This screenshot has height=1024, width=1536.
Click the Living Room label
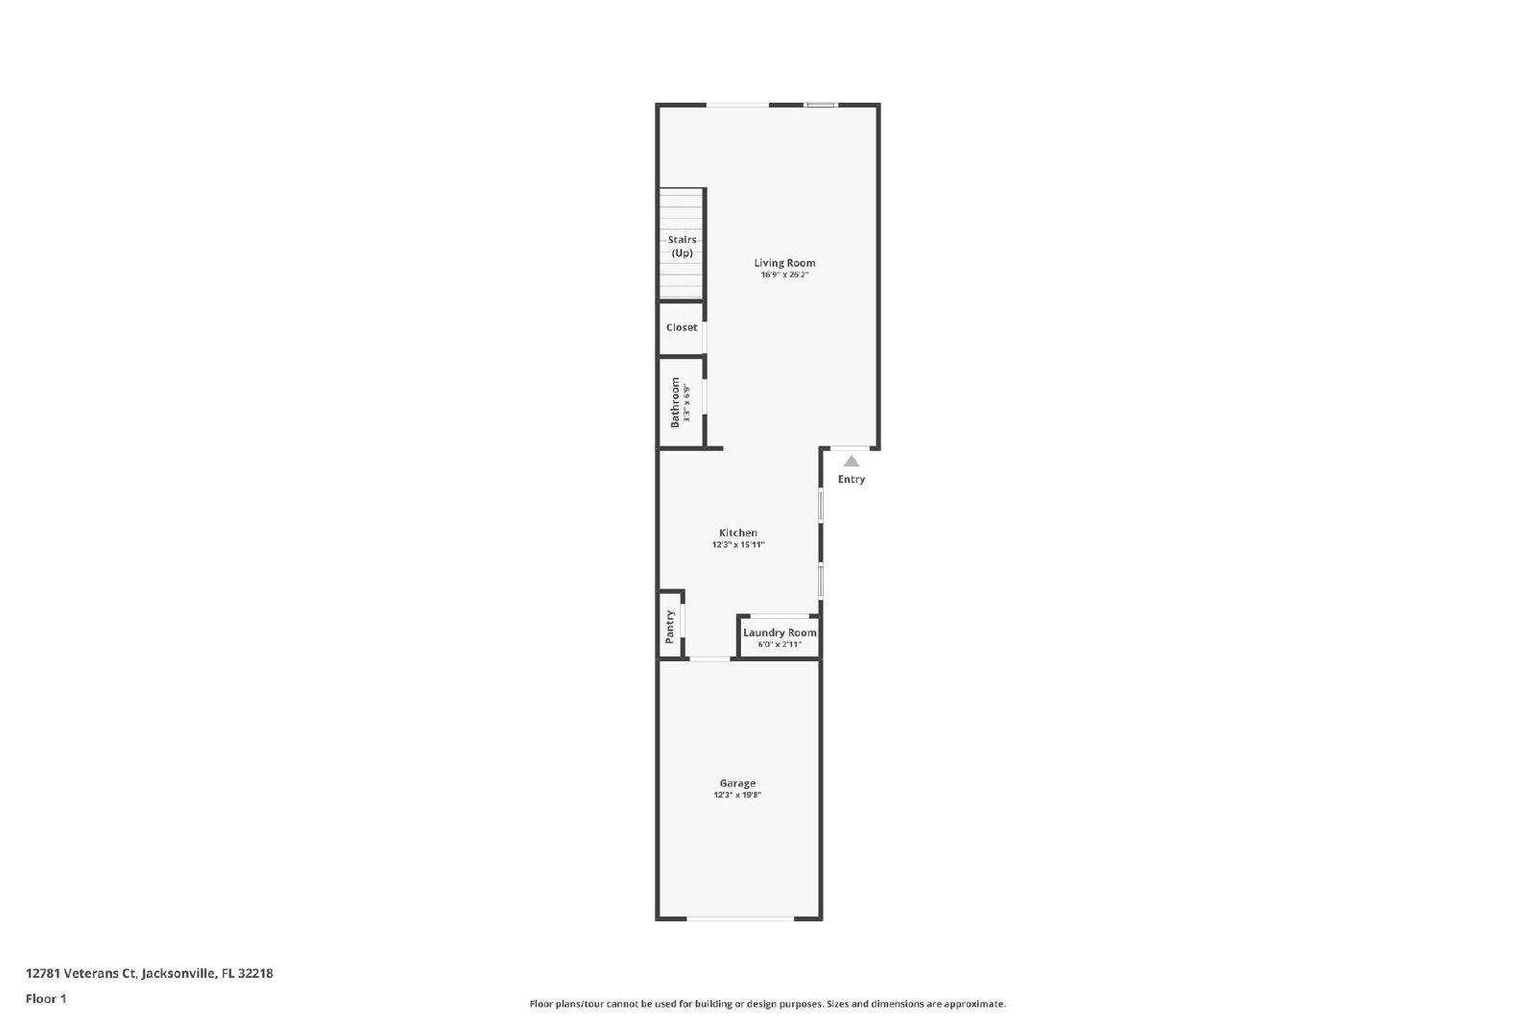coord(784,263)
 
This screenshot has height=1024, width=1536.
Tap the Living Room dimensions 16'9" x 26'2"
coord(784,274)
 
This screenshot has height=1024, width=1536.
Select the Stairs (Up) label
coord(683,246)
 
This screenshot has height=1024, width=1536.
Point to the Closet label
coord(682,327)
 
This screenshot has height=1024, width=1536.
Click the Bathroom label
coord(676,402)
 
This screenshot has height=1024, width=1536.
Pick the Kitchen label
coord(738,533)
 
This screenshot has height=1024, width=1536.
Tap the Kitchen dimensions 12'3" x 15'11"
coord(738,545)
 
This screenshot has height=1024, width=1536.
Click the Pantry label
coord(670,627)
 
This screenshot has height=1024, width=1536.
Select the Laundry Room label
coord(780,632)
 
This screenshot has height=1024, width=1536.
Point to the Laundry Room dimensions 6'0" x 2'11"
coord(780,644)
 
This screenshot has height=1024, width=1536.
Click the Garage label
coord(738,783)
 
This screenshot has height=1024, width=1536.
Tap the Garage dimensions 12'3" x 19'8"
coord(738,795)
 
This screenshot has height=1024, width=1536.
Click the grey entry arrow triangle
coord(851,462)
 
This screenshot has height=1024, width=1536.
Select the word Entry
coord(851,479)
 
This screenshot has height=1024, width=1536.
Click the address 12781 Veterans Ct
coord(81,973)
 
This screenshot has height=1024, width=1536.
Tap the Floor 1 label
coord(46,999)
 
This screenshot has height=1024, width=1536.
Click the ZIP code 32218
coord(255,973)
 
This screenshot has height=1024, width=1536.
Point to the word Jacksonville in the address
coord(179,973)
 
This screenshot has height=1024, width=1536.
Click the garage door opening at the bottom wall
coord(740,918)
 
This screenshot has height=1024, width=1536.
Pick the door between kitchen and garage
coord(709,659)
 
